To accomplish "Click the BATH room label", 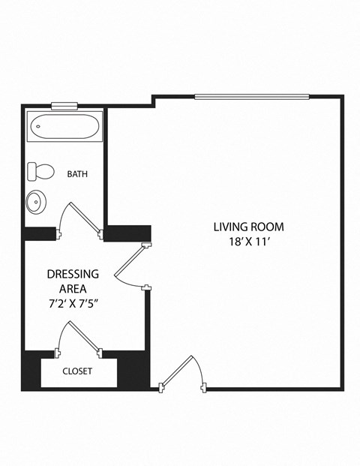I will pos(77,174).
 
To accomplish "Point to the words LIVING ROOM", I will pos(248,227).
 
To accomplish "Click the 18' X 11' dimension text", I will pos(248,242).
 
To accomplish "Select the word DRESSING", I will pos(73,274).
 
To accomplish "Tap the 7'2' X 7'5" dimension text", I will pos(73,302).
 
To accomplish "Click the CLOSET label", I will pos(77,371).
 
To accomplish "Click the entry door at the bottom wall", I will pos(183,372).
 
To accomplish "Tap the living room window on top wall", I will pos(251,96).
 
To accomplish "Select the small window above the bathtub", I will pos(64,106).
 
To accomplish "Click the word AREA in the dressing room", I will pos(73,288).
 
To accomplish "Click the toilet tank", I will pos(31,172).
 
